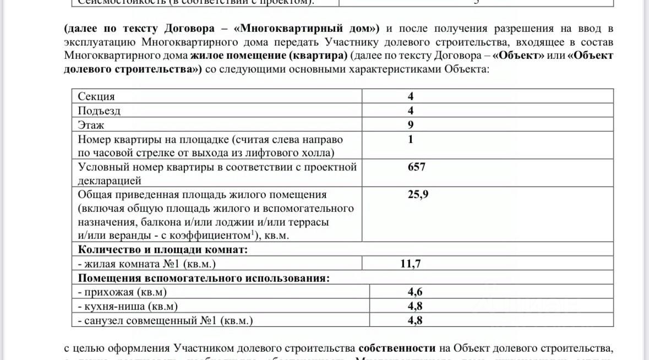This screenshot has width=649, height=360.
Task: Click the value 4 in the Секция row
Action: (411, 96)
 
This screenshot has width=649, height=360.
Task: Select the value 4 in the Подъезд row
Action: (411, 111)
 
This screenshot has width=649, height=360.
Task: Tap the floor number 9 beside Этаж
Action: (411, 125)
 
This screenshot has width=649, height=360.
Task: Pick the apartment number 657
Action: (416, 167)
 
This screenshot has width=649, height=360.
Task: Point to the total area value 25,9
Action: (418, 194)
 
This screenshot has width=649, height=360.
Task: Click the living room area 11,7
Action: (411, 264)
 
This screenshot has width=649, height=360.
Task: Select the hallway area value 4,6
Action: (415, 292)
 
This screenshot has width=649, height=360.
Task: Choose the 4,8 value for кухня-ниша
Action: (415, 307)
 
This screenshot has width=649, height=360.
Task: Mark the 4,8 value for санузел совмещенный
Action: (415, 320)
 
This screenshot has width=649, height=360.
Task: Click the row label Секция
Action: (96, 97)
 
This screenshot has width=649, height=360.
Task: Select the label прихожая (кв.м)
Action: (122, 292)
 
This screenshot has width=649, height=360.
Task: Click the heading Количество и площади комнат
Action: (163, 250)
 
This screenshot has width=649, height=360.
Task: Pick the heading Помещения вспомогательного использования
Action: (204, 278)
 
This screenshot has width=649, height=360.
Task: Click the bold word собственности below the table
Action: (397, 348)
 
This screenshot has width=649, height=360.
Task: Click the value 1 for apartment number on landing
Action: (411, 139)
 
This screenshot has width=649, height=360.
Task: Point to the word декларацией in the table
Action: (110, 181)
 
